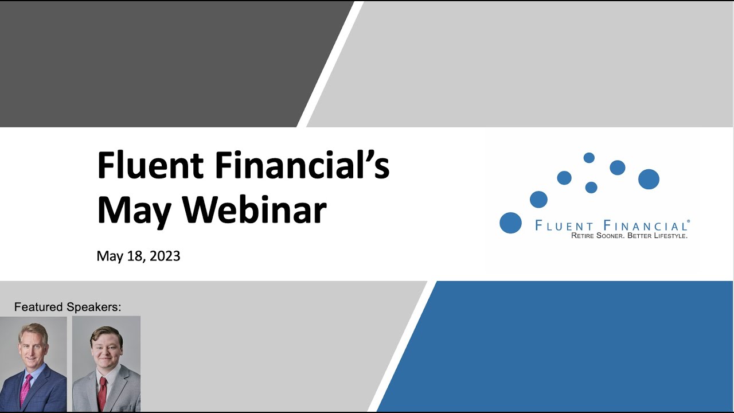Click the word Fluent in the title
click(150, 165)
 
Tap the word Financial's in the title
click(302, 165)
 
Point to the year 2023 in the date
click(165, 256)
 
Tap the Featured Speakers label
click(68, 307)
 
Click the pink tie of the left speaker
click(25, 390)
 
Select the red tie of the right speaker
click(102, 392)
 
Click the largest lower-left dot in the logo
click(510, 223)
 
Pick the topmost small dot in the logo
click(589, 158)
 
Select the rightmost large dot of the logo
click(649, 180)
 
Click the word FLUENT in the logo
click(564, 226)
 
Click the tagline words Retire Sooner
click(598, 236)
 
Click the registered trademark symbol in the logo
click(688, 221)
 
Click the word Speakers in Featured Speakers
click(93, 307)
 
